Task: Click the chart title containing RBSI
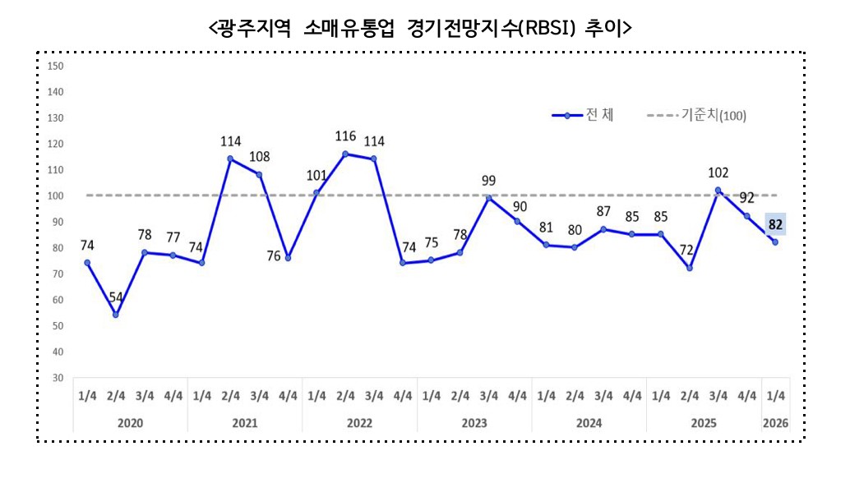(420, 28)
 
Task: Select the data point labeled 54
(116, 315)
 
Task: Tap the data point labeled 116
(345, 154)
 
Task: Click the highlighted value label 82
(774, 223)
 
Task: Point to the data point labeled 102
(718, 191)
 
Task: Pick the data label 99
(488, 180)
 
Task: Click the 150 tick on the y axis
(57, 66)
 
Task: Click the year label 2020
(130, 423)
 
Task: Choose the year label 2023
(474, 423)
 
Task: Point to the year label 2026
(774, 423)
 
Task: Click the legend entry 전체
(584, 115)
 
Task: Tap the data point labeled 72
(690, 269)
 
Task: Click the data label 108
(259, 156)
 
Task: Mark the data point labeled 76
(288, 258)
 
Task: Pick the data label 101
(316, 175)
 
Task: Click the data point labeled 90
(517, 222)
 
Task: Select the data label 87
(603, 211)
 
